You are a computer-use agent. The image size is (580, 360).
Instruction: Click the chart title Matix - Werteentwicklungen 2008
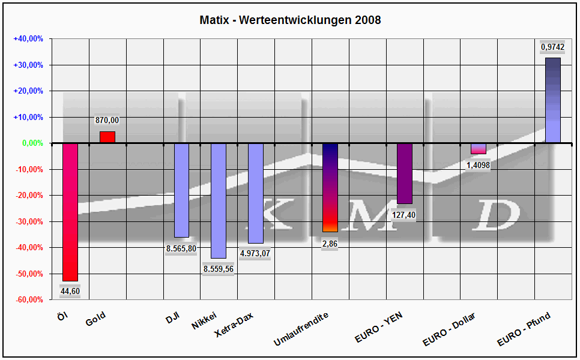pyautogui.click(x=290, y=20)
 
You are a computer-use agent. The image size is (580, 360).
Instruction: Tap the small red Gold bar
pyautogui.click(x=107, y=137)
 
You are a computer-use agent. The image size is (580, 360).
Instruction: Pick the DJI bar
pyautogui.click(x=181, y=190)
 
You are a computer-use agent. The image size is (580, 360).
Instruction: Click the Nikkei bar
pyautogui.click(x=219, y=200)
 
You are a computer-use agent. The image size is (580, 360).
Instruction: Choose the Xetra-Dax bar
pyautogui.click(x=256, y=193)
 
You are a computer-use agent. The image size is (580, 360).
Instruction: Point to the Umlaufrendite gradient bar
pyautogui.click(x=330, y=187)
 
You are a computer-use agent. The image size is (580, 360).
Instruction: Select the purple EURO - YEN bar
pyautogui.click(x=404, y=173)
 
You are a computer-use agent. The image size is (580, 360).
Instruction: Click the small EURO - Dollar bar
pyautogui.click(x=479, y=149)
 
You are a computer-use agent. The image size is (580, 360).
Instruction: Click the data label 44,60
pyautogui.click(x=70, y=292)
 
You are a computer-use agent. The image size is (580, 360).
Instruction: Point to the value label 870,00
pyautogui.click(x=107, y=121)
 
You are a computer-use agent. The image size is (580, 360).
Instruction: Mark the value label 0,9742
pyautogui.click(x=552, y=47)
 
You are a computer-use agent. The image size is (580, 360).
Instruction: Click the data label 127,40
pyautogui.click(x=404, y=215)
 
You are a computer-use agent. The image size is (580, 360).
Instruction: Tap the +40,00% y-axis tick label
pyautogui.click(x=28, y=38)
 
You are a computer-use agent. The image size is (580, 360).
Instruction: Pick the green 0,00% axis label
pyautogui.click(x=32, y=143)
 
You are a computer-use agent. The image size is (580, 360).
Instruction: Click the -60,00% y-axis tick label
pyautogui.click(x=28, y=299)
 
